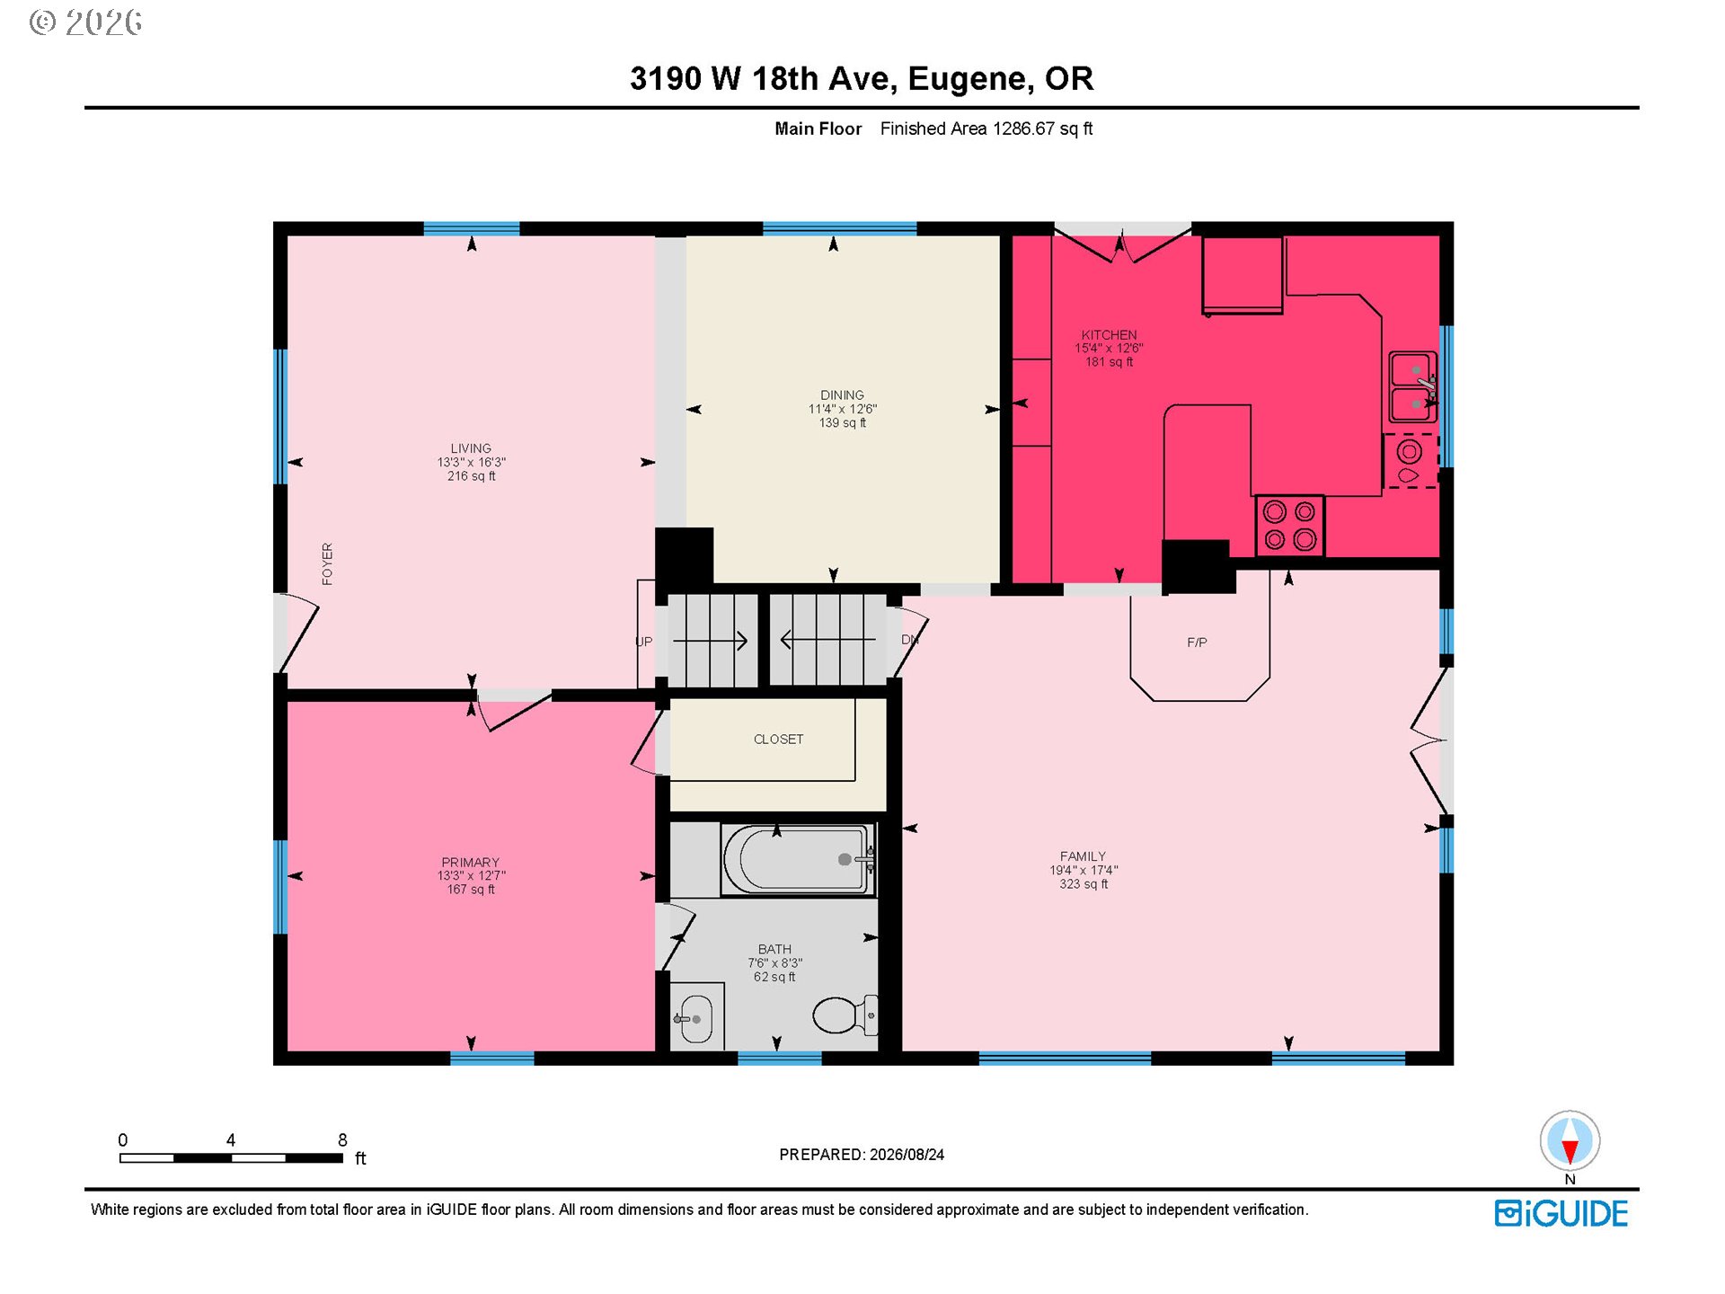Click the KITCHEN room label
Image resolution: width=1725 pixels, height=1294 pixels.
coord(1109,335)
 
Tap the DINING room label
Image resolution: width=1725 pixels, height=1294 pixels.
coord(842,395)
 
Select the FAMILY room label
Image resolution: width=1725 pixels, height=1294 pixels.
coord(1083,856)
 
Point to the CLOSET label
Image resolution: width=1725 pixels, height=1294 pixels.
coord(778,740)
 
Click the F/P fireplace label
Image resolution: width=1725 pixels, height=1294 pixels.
coord(1197,643)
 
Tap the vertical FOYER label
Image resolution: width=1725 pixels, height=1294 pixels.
coord(327,564)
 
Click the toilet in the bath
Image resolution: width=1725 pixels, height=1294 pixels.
coord(845,1015)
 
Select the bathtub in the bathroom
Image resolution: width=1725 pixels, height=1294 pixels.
coord(798,860)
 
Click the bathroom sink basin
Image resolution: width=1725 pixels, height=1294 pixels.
coord(696,1019)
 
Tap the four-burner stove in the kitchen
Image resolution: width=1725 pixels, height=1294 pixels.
coord(1289,525)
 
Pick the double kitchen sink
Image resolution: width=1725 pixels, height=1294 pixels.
coord(1413,387)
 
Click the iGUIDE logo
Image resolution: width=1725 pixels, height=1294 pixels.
coord(1561,1214)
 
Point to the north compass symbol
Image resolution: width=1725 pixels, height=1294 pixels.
coord(1570,1141)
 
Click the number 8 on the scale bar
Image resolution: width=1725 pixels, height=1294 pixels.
coord(342,1140)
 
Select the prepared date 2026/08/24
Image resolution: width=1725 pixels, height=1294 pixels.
coord(907,1155)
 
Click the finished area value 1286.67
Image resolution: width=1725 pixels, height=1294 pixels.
coord(1023,129)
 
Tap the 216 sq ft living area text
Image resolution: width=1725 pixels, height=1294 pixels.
coord(471,476)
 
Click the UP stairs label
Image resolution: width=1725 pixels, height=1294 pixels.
coord(643,642)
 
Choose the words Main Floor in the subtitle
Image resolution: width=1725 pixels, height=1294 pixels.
coord(818,129)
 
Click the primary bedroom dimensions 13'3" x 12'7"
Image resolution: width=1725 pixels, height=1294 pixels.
coord(471,876)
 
